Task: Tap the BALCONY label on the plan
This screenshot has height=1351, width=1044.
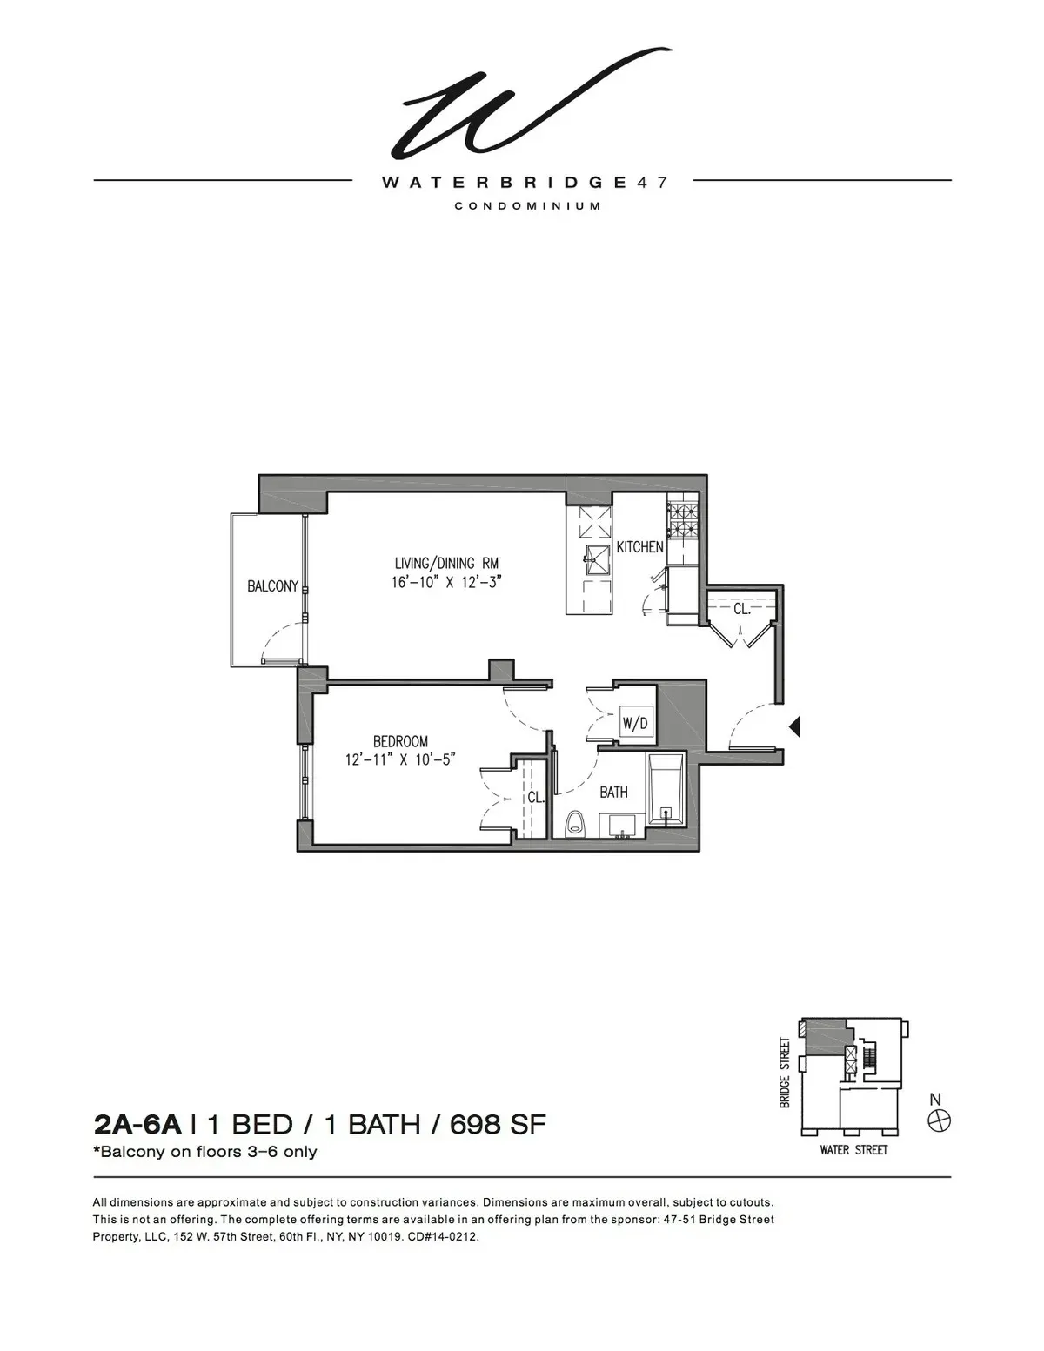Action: (272, 586)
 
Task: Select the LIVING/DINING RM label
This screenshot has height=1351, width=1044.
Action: (446, 563)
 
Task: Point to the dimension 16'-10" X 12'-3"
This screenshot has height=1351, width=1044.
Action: (447, 582)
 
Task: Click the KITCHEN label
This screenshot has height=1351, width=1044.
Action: (639, 547)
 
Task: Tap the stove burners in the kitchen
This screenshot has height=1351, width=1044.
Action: (683, 520)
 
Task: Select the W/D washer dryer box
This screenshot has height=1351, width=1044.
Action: (634, 723)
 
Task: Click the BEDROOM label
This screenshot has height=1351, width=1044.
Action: (400, 741)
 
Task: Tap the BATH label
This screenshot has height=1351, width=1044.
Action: (613, 793)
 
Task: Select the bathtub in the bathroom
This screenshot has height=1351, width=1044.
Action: (666, 793)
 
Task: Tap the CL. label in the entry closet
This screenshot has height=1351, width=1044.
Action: (741, 609)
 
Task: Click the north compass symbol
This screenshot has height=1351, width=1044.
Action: (938, 1121)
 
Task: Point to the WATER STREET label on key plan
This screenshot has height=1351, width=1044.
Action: (853, 1150)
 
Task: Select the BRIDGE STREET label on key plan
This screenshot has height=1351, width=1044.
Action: (785, 1072)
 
